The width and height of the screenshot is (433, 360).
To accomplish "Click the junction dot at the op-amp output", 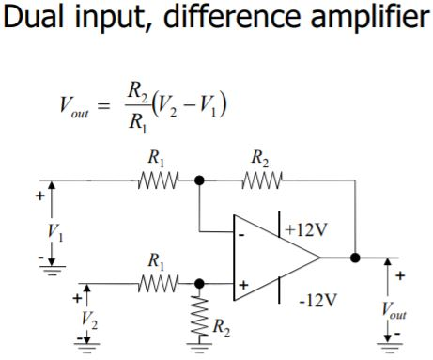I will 355,256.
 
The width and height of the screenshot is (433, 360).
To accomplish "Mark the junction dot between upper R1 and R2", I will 199,179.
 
